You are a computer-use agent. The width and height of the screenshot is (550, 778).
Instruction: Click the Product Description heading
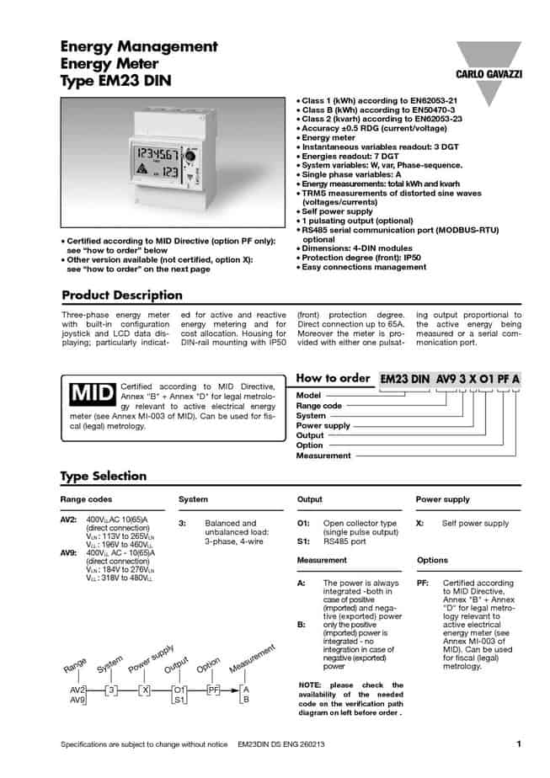[122, 295]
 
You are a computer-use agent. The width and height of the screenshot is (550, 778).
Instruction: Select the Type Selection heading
[103, 476]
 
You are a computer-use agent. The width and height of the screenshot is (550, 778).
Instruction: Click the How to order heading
[334, 378]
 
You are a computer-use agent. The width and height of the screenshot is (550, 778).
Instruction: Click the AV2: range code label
[69, 522]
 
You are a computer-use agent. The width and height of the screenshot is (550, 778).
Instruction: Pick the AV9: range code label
[69, 552]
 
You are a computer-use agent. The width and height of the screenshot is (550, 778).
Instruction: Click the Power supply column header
[442, 499]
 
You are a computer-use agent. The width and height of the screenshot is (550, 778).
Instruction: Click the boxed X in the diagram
[145, 690]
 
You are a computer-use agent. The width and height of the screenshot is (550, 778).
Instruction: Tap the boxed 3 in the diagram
[110, 690]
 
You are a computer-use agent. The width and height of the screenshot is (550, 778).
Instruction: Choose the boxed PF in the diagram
[213, 690]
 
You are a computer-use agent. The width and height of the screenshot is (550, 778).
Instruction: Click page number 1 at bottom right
[519, 744]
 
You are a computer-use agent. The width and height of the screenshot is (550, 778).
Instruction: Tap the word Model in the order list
[309, 394]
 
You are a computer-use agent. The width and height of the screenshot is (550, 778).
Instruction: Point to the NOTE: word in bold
[312, 685]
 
